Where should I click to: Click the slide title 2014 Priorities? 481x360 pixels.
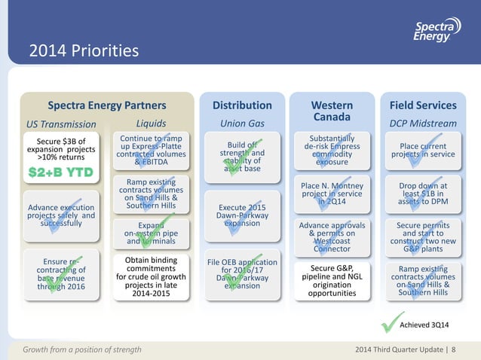click(x=84, y=51)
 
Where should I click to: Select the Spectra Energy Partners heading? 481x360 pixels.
click(x=107, y=105)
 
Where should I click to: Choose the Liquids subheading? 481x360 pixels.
click(x=152, y=123)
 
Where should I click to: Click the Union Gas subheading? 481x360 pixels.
click(x=241, y=124)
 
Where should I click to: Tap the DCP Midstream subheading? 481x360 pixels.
click(x=423, y=124)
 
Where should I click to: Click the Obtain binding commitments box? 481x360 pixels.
click(x=151, y=277)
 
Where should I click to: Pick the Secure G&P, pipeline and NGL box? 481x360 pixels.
click(x=332, y=280)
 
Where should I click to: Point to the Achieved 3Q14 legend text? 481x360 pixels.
click(x=433, y=325)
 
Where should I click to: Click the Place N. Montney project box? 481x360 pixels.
click(x=332, y=191)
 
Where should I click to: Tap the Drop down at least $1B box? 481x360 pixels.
click(x=423, y=191)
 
